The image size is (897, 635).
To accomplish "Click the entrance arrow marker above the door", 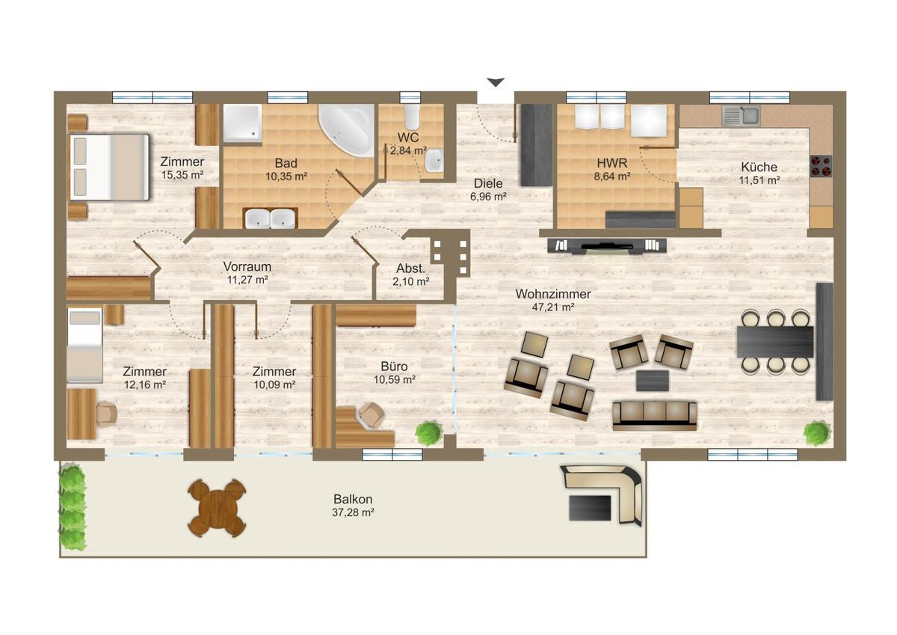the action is (496, 82).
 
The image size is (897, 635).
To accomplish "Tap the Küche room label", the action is (759, 167).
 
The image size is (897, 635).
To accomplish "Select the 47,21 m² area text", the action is (553, 307).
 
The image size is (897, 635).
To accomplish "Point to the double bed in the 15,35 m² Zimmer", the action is (109, 167).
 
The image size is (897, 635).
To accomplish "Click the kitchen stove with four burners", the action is (821, 166).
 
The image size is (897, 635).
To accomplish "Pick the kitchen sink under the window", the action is (742, 115).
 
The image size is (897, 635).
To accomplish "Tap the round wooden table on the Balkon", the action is (217, 508).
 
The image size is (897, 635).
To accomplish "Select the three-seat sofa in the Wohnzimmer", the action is (654, 416).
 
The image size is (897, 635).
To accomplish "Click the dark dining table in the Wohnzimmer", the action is (775, 342).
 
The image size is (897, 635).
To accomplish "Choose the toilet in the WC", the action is (411, 115).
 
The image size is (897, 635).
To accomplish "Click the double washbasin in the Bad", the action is (271, 218).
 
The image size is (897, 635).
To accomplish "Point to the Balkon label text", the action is (353, 499).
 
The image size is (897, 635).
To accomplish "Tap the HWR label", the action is (612, 163).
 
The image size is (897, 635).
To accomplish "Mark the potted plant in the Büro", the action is (429, 433).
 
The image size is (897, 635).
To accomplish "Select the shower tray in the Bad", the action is (243, 123).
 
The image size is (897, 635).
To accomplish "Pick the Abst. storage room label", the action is (410, 269).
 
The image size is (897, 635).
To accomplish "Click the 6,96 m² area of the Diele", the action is (488, 197).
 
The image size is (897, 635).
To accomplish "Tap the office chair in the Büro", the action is (372, 414).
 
